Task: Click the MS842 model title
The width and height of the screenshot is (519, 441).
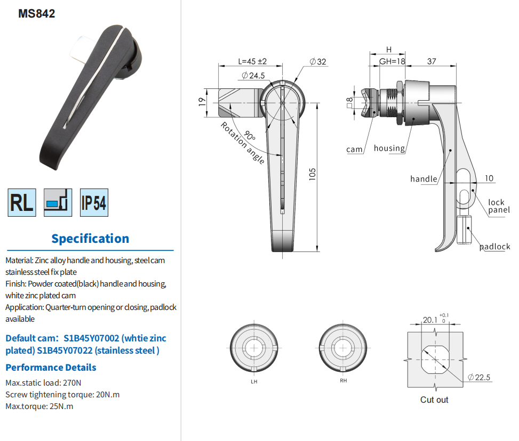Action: pos(36,13)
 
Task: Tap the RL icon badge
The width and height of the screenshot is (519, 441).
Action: pos(22,202)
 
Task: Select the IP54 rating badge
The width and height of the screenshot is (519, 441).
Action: pos(94,202)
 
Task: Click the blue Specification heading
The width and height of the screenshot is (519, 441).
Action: pos(90,239)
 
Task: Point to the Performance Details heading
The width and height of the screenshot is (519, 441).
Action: pos(51,367)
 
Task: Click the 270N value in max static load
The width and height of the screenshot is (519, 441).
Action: pos(72,383)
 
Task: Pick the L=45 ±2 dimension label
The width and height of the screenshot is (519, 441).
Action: pos(252,61)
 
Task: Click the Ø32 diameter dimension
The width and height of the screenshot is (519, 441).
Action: pos(318,61)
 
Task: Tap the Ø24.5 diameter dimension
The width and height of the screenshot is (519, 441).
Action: pos(253,76)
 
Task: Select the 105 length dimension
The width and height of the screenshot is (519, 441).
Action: pos(312,174)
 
